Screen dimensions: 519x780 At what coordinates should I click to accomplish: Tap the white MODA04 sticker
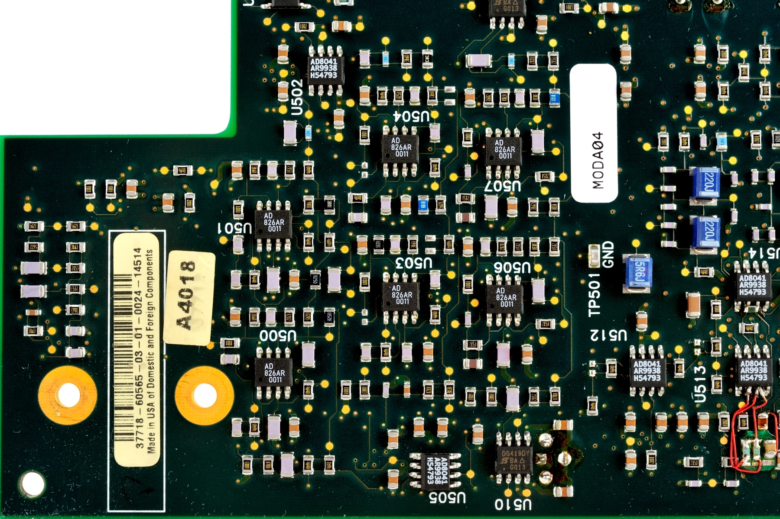click(594, 133)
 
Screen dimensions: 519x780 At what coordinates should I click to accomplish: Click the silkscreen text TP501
click(595, 294)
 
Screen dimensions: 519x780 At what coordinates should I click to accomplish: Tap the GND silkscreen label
click(608, 255)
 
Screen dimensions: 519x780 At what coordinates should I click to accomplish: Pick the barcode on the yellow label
click(124, 342)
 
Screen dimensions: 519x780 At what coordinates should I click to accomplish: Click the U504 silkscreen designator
click(411, 116)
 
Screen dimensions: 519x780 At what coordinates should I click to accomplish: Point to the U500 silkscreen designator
click(278, 335)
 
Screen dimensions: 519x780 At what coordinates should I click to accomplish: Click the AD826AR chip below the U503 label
click(401, 295)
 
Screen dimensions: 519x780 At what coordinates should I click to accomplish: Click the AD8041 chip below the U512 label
click(647, 371)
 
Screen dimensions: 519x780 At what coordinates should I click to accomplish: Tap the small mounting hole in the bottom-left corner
click(32, 484)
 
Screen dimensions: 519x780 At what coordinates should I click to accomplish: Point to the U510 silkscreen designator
click(513, 505)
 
